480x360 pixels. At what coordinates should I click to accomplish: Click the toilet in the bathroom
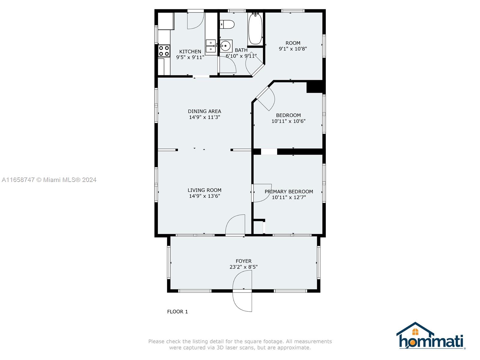(227, 24)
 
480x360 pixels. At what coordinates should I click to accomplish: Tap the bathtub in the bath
(255, 29)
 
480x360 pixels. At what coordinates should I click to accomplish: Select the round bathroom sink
(226, 46)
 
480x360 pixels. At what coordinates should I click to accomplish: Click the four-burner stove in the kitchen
(164, 51)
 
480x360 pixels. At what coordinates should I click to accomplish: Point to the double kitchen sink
(211, 46)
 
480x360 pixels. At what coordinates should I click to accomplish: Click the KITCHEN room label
(190, 52)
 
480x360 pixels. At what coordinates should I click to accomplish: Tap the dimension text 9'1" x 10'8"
(293, 49)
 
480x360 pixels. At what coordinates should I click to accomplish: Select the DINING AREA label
(205, 111)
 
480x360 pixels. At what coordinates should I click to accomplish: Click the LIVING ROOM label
(205, 190)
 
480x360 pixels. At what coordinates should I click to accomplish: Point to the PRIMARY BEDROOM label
(289, 192)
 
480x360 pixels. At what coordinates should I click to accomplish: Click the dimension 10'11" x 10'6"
(288, 121)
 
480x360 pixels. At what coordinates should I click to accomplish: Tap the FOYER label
(244, 261)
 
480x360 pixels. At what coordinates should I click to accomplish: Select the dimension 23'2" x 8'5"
(244, 267)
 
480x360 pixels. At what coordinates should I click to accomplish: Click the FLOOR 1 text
(177, 312)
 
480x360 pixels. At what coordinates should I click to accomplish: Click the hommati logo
(430, 335)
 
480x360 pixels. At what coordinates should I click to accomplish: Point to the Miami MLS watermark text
(49, 180)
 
